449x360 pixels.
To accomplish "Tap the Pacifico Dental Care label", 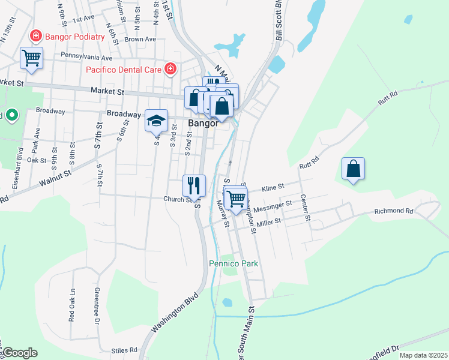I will tap(124, 70).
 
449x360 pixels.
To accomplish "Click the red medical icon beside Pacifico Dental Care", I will tap(171, 69).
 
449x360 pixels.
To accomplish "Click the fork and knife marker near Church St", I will tap(194, 184).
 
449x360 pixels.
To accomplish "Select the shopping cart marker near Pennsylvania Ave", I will tap(32, 59).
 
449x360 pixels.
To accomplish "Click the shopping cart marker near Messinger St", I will tap(236, 197).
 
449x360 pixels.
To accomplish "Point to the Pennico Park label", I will tap(233, 263).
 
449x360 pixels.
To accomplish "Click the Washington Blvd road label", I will tap(175, 311).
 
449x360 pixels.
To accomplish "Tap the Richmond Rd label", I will tap(394, 211).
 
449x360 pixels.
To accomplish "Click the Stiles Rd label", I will tap(124, 350).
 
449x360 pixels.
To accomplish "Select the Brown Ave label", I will tap(140, 40).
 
